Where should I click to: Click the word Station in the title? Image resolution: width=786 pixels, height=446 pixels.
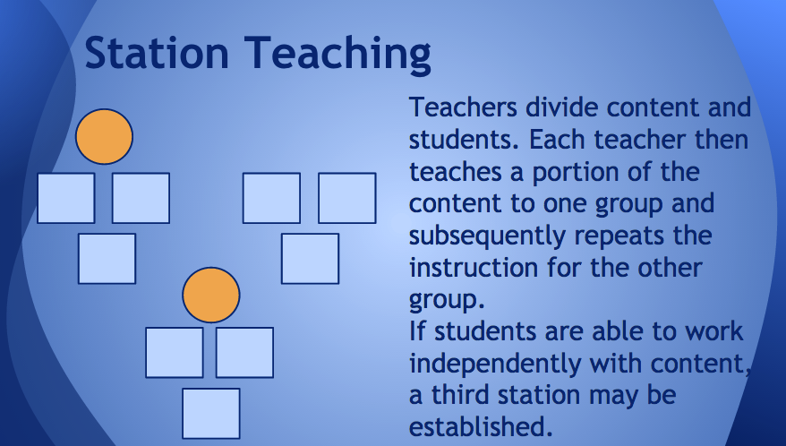tap(157, 52)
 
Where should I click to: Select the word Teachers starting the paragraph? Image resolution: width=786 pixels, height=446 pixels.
tap(463, 107)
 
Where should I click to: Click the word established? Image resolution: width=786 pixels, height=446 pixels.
tap(481, 426)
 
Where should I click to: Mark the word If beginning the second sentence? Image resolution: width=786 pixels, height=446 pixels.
tap(417, 331)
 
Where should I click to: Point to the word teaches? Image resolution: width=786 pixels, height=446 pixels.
tap(455, 172)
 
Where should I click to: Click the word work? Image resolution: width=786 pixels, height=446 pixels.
tap(713, 331)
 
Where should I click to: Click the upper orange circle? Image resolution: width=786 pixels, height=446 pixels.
tap(104, 136)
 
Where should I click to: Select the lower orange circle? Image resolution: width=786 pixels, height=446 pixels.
tap(211, 295)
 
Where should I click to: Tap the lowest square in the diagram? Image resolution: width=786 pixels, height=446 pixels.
tap(211, 414)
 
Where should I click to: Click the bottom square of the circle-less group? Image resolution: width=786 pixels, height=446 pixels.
tap(310, 259)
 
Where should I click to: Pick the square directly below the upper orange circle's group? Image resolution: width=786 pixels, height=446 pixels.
tap(107, 259)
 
